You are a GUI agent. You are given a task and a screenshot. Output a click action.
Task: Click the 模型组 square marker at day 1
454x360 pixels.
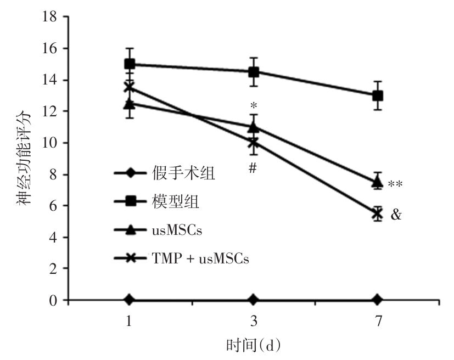pyautogui.click(x=130, y=64)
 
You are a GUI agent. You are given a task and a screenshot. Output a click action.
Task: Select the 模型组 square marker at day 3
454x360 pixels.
pyautogui.click(x=254, y=72)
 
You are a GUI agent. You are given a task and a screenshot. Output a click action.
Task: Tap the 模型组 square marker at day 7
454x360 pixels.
pyautogui.click(x=378, y=95)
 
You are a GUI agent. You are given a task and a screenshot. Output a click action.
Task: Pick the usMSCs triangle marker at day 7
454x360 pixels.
pyautogui.click(x=378, y=182)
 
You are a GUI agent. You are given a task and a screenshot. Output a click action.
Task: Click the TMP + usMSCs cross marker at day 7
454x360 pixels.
pyautogui.click(x=378, y=214)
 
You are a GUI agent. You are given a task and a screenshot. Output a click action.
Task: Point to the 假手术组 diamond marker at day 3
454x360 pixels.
pyautogui.click(x=254, y=300)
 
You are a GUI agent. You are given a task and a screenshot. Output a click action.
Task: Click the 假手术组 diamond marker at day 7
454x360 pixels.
pyautogui.click(x=378, y=300)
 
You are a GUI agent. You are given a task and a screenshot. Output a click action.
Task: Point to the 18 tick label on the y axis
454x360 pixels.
pyautogui.click(x=49, y=17)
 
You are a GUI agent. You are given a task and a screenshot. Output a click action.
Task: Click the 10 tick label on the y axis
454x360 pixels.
pyautogui.click(x=49, y=143)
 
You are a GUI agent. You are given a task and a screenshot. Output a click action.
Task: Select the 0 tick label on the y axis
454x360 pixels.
pyautogui.click(x=53, y=301)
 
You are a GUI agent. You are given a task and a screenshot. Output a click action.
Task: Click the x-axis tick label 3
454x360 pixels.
pyautogui.click(x=254, y=323)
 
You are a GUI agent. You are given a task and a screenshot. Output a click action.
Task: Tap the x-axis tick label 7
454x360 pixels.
pyautogui.click(x=378, y=323)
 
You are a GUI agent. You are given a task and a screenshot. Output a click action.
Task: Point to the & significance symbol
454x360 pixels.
pyautogui.click(x=396, y=215)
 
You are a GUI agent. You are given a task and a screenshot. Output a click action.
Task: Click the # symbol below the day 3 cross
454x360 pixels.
pyautogui.click(x=253, y=168)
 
